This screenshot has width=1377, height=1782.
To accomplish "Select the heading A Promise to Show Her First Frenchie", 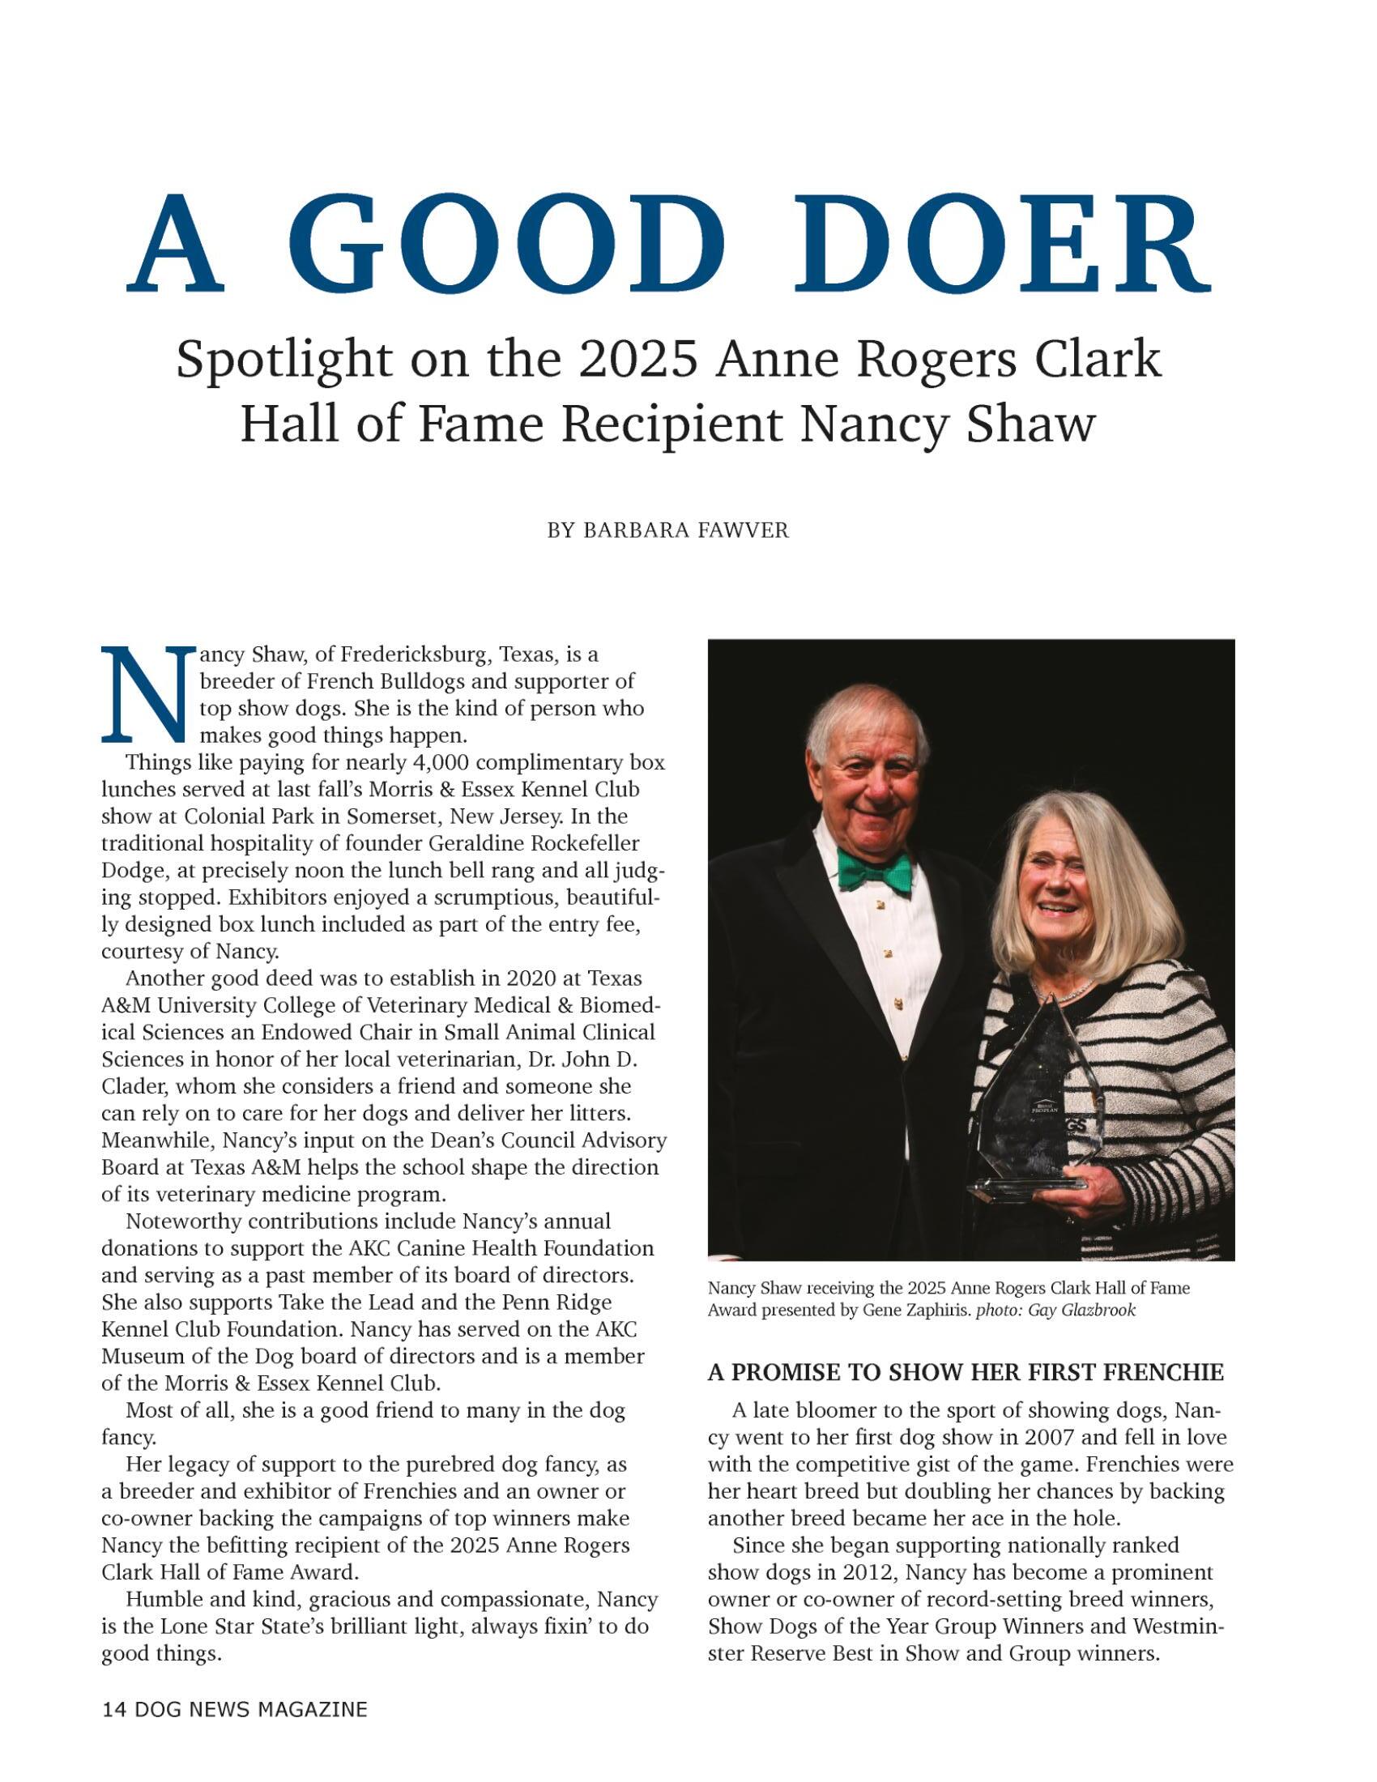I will pyautogui.click(x=965, y=1372).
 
